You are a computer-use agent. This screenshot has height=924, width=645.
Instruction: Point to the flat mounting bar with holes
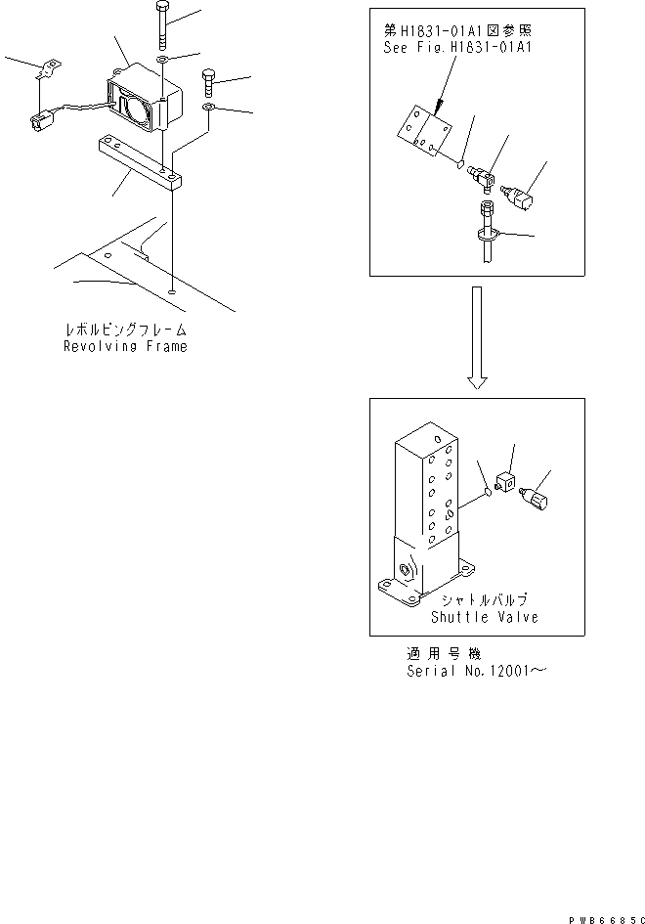(138, 163)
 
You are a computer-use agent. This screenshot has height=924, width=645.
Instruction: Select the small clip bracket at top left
(46, 70)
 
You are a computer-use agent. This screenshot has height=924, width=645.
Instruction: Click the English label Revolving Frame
(125, 346)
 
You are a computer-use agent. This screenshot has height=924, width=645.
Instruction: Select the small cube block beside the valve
(507, 482)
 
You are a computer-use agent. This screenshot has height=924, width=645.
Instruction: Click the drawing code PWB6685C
(603, 919)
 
